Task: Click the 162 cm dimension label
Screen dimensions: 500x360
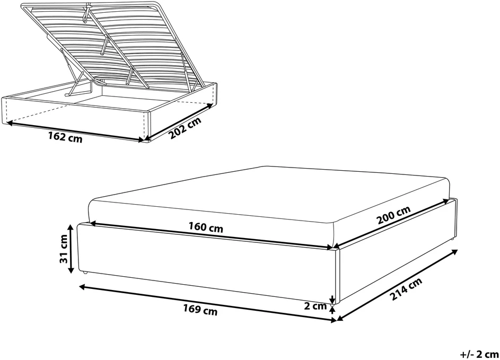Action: pos(65,137)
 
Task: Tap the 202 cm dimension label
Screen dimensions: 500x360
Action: pos(185,128)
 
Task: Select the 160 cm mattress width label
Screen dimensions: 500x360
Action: pos(206,227)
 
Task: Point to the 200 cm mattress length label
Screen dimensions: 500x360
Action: pos(393,215)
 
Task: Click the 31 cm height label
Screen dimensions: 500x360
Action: pos(64,249)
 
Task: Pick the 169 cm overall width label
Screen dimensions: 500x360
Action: pos(200,309)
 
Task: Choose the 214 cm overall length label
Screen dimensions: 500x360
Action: pos(406,289)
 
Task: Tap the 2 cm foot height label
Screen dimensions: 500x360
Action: pos(315,306)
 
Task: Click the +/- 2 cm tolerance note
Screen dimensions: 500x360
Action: pos(479,354)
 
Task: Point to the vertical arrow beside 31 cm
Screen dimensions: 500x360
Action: pos(71,249)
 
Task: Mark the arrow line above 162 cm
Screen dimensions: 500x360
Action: pos(75,131)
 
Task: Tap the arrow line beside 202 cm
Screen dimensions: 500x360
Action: pos(179,121)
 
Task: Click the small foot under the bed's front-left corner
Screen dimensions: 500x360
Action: pos(85,273)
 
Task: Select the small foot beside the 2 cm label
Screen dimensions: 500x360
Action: pos(332,305)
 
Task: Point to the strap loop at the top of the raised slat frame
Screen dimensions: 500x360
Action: pos(87,13)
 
